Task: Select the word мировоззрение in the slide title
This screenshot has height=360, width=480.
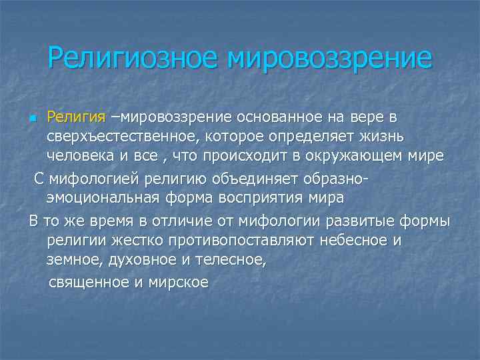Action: tap(329, 59)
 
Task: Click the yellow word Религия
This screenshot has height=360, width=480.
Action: tap(76, 117)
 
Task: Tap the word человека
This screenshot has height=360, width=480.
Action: tap(79, 156)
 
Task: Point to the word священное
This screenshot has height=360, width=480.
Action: tap(88, 282)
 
